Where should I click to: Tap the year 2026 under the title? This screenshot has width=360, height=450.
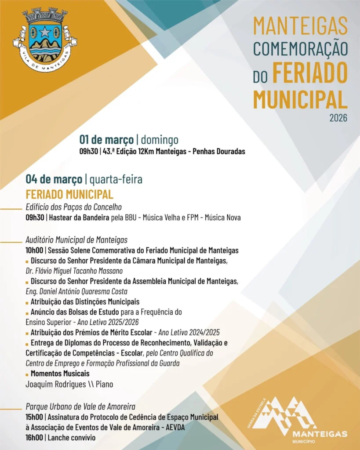coord(338,118)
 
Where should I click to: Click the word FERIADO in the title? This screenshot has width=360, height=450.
coord(310,73)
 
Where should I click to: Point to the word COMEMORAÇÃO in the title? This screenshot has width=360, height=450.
coord(300,48)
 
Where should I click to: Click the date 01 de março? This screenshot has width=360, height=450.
coord(106,140)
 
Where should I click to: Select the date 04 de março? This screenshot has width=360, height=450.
coord(54,179)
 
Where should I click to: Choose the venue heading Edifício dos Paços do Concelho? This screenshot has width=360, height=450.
coord(73,207)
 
